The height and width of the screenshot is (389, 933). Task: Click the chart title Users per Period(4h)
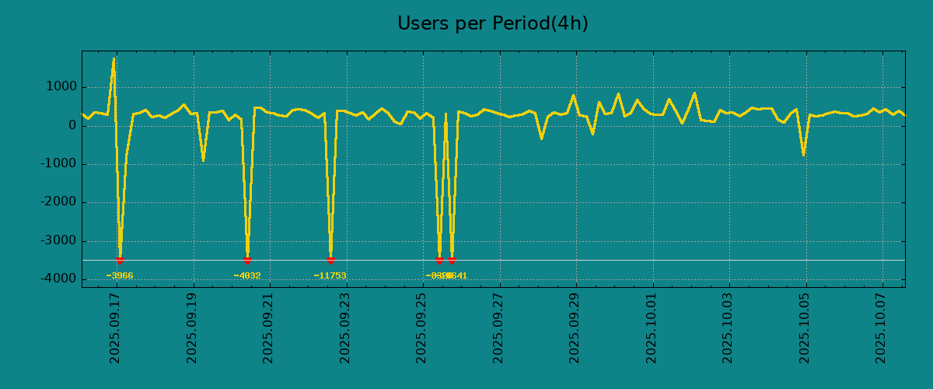point(492,24)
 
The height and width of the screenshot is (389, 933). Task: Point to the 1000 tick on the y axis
point(59,87)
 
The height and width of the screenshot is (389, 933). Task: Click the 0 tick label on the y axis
point(71,125)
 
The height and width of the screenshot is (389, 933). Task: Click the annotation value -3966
point(120,275)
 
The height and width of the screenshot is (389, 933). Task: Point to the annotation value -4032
point(247,275)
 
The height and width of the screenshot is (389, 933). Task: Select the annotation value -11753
point(330,275)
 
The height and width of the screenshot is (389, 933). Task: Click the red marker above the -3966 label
point(120,261)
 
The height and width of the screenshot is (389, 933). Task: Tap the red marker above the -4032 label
point(247,261)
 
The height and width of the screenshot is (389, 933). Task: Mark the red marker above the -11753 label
point(330,261)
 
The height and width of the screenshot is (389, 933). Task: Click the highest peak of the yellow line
point(114,58)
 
